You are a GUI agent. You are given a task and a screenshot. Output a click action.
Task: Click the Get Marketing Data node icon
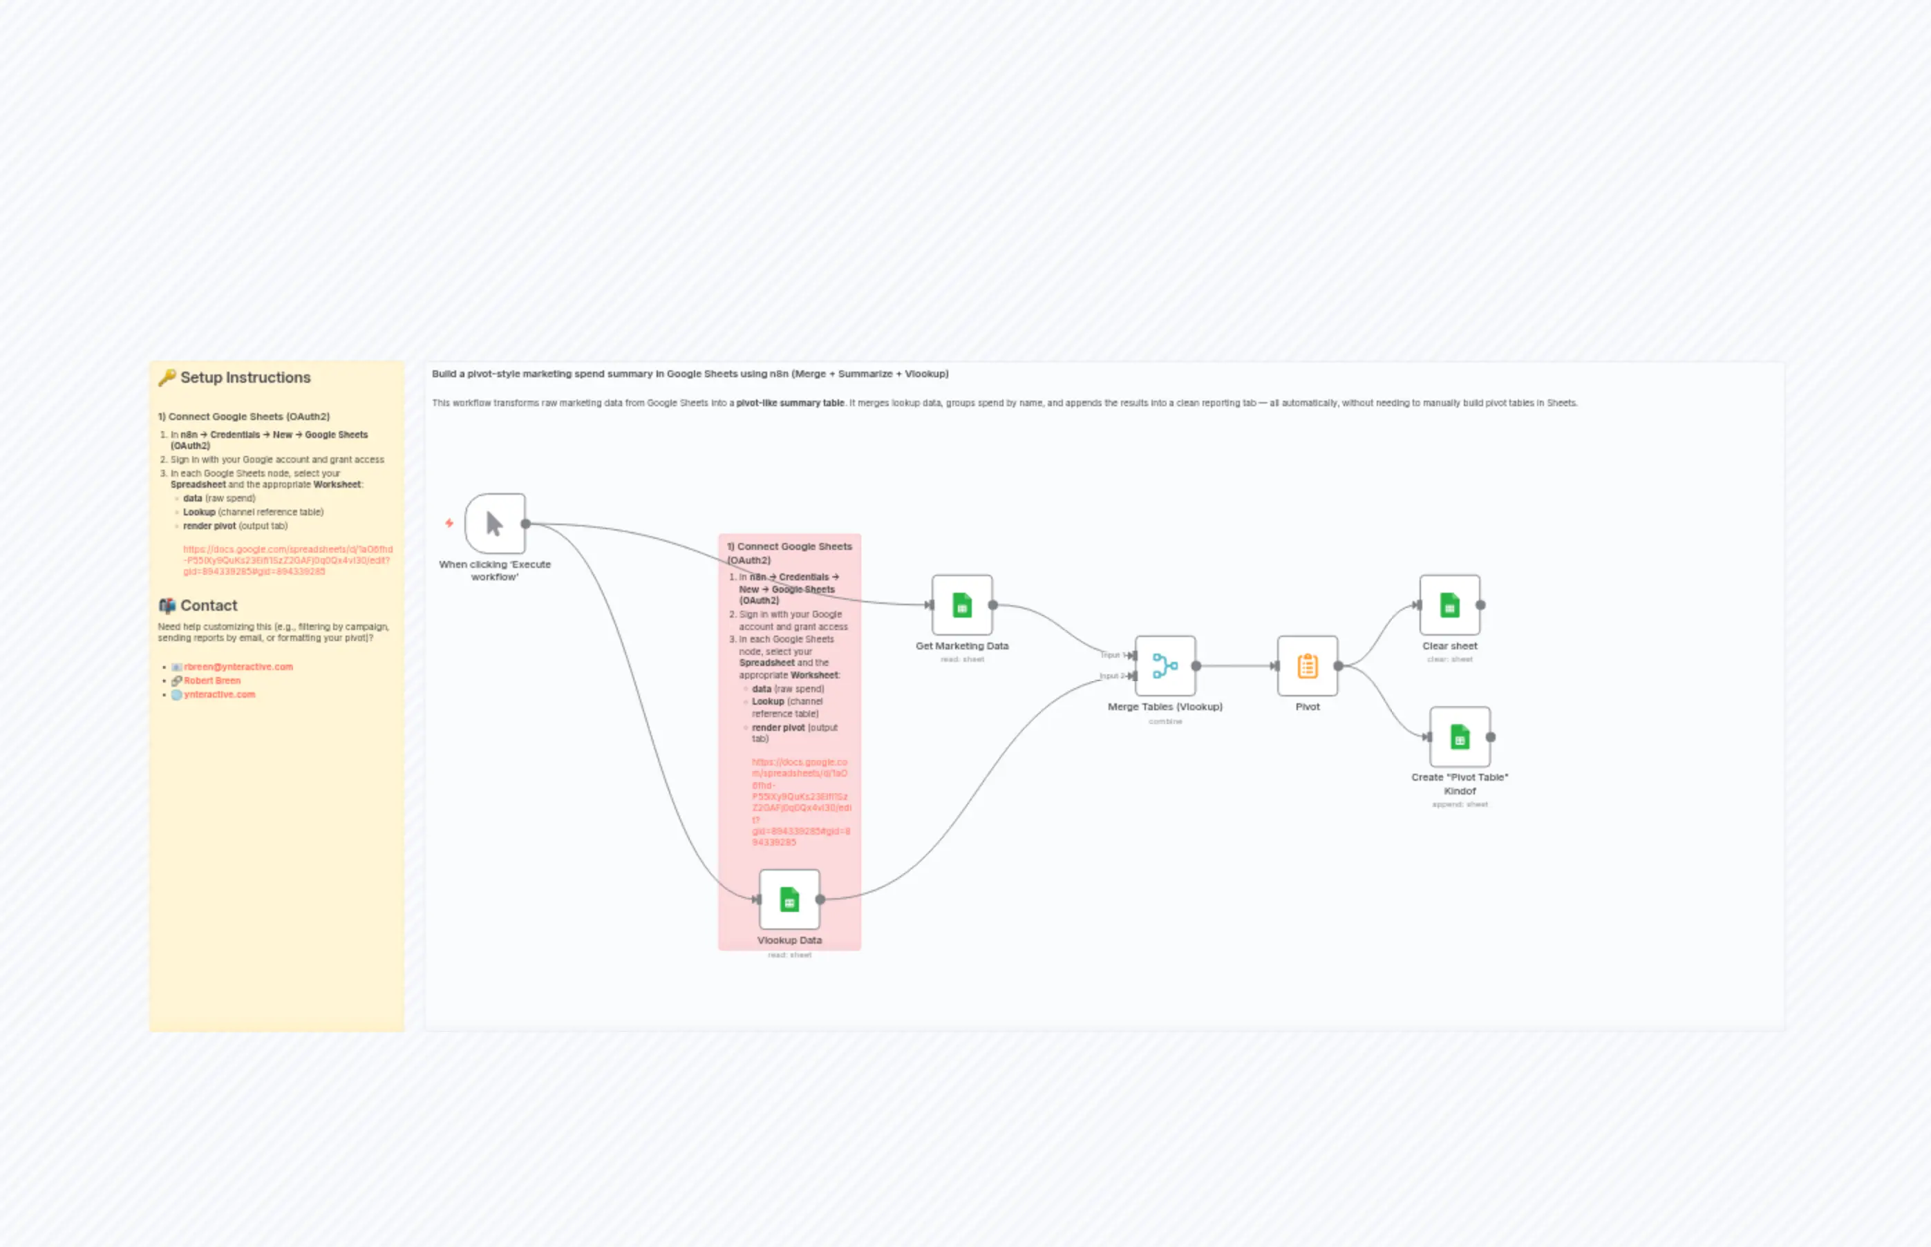click(x=961, y=605)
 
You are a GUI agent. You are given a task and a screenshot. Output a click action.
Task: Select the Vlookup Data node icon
click(x=789, y=899)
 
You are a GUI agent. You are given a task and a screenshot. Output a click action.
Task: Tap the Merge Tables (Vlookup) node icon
click(x=1165, y=665)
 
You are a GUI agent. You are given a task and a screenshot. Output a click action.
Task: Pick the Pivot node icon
click(x=1308, y=665)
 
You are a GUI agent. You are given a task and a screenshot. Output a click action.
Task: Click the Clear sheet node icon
click(x=1449, y=605)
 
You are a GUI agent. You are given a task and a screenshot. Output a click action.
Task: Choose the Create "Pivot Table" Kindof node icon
click(x=1460, y=737)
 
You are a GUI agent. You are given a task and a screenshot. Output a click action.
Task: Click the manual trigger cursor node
click(x=495, y=524)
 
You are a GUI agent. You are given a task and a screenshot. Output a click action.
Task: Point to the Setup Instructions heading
click(x=245, y=377)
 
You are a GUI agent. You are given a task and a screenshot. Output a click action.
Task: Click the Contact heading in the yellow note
click(x=208, y=606)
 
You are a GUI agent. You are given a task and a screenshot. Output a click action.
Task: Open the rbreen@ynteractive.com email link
click(x=238, y=667)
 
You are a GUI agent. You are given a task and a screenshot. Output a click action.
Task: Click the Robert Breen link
click(x=212, y=681)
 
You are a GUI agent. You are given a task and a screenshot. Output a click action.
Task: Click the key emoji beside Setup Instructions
click(x=167, y=377)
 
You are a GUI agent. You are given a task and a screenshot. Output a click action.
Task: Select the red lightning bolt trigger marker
click(x=449, y=523)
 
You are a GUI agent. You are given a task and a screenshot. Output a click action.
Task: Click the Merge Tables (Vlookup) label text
click(x=1165, y=707)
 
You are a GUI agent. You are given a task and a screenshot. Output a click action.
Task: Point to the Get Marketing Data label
click(x=961, y=646)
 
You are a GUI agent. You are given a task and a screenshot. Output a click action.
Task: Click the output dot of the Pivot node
click(x=1338, y=665)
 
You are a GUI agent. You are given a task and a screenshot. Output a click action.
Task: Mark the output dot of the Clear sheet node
click(x=1480, y=605)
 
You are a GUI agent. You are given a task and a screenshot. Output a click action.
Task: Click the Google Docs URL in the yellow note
click(x=288, y=560)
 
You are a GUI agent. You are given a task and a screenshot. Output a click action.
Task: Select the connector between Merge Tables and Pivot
click(x=1235, y=665)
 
